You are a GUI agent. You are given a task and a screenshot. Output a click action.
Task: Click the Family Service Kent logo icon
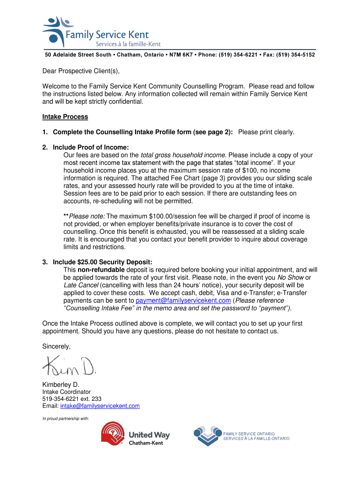point(56,30)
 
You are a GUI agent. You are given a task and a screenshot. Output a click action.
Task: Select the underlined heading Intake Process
point(65,116)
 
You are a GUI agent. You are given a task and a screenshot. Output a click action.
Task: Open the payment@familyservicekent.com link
point(183,300)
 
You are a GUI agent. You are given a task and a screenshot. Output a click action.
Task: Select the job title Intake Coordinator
point(66,392)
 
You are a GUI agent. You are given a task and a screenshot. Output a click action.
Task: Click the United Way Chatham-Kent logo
point(135,435)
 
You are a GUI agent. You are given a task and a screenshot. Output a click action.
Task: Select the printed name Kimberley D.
point(61,385)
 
